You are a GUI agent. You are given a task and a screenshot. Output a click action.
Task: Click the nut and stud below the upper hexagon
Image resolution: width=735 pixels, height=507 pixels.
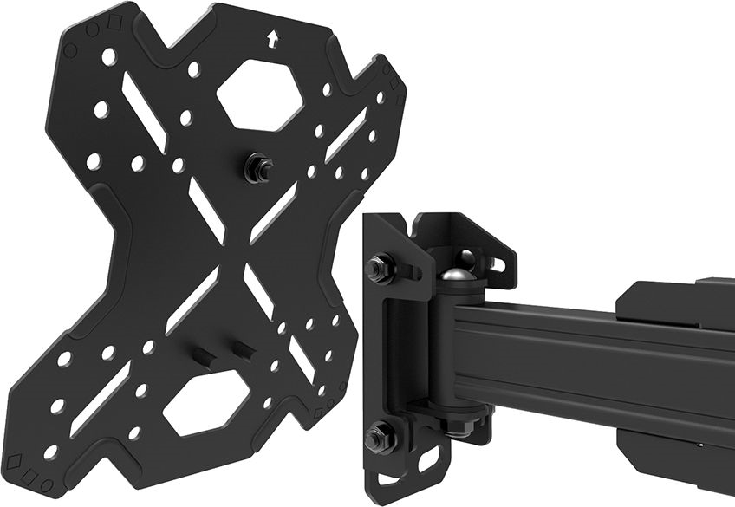coord(257,166)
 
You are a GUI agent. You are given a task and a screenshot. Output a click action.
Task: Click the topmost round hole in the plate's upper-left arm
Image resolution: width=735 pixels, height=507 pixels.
coord(108,57)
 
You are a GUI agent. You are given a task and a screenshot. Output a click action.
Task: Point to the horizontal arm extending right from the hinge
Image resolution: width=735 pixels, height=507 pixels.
coord(589,351)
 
